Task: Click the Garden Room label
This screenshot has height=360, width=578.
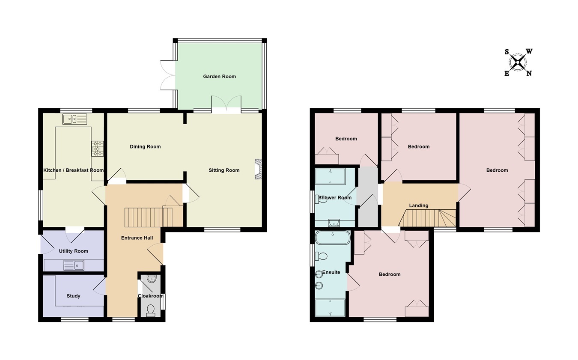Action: pyautogui.click(x=219, y=76)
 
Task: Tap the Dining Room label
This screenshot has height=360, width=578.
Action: pyautogui.click(x=145, y=146)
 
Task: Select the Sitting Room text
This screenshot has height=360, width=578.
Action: pyautogui.click(x=224, y=170)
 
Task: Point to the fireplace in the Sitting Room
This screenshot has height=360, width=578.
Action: pyautogui.click(x=258, y=169)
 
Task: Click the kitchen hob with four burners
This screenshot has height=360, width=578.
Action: pyautogui.click(x=97, y=149)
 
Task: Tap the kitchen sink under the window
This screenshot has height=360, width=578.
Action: pyautogui.click(x=74, y=119)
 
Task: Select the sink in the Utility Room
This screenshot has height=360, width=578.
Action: pyautogui.click(x=74, y=265)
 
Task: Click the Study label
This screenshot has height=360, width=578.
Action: pyautogui.click(x=73, y=296)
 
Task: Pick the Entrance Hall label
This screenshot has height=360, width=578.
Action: pyautogui.click(x=137, y=238)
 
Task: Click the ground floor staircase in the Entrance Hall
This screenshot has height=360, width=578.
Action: pyautogui.click(x=149, y=217)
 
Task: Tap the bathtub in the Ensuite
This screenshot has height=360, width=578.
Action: pyautogui.click(x=333, y=238)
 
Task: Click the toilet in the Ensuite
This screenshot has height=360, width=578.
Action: pyautogui.click(x=321, y=256)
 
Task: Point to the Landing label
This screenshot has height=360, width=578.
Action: pyautogui.click(x=419, y=205)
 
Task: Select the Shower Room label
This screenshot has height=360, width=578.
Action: pyautogui.click(x=335, y=198)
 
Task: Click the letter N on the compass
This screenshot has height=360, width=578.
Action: pyautogui.click(x=529, y=74)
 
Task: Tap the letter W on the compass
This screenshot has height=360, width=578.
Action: pyautogui.click(x=529, y=51)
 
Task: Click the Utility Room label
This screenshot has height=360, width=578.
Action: pyautogui.click(x=73, y=251)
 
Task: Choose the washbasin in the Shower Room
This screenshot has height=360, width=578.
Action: pyautogui.click(x=334, y=223)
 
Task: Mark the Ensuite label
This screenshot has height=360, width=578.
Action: pyautogui.click(x=331, y=272)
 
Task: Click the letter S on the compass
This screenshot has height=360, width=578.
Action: pyautogui.click(x=507, y=52)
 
